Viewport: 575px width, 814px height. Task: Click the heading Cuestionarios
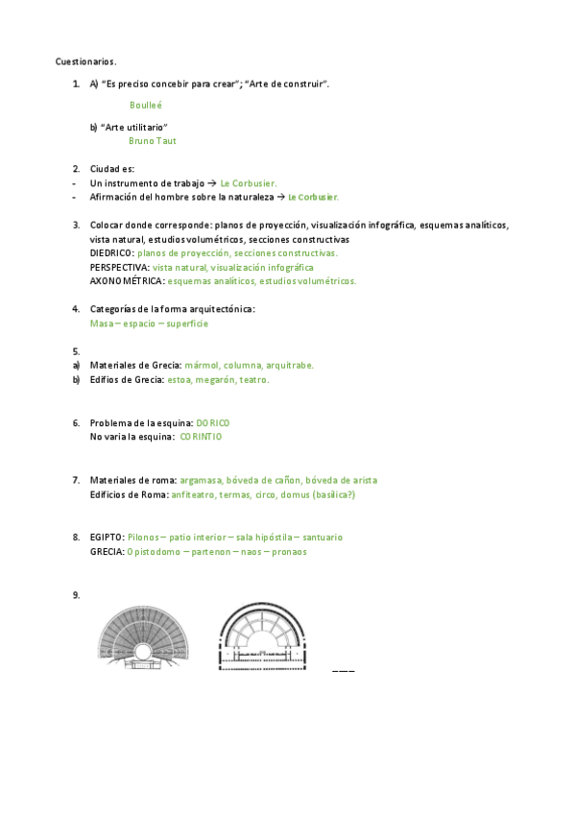[x=85, y=61]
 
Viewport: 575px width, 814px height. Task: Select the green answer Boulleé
[x=146, y=104]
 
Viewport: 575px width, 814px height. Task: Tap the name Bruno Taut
[x=152, y=140]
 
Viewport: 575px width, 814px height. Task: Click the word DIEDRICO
[x=111, y=252]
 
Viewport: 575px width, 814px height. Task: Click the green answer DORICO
[x=212, y=422]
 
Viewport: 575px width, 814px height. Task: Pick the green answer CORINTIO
[x=201, y=436]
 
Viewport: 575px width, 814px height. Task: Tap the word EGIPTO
[x=106, y=538]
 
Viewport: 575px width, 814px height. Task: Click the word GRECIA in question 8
[x=106, y=552]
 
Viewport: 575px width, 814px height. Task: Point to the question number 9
[x=75, y=595]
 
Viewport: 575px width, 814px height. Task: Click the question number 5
[x=75, y=351]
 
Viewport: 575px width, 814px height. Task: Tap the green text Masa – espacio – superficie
[x=149, y=323]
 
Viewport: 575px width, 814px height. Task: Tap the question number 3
[x=75, y=225]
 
